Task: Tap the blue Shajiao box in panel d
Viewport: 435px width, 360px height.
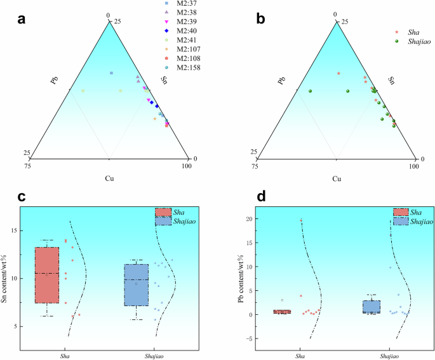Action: click(x=371, y=307)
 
